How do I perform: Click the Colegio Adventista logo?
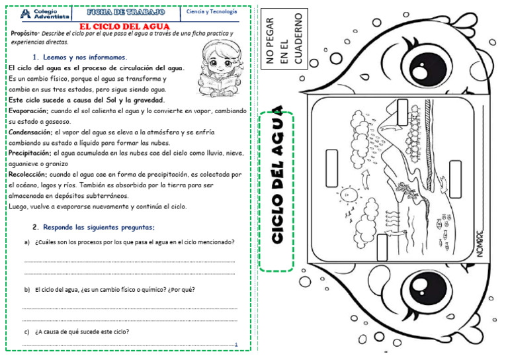coord(40,13)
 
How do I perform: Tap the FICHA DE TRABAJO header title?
coord(126,13)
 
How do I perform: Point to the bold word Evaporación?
coord(28,111)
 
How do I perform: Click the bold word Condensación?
coord(30,132)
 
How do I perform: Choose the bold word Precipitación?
coord(30,153)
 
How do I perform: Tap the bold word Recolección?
coord(27,175)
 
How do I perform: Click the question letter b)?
coord(27,290)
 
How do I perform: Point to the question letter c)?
coord(26,332)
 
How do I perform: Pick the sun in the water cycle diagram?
coord(346,195)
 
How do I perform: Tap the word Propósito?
coord(25,33)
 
